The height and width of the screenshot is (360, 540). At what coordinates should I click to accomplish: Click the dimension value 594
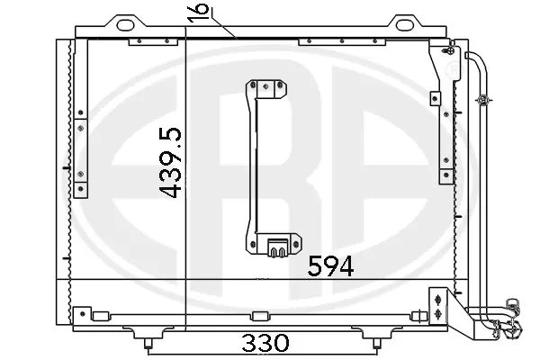330,265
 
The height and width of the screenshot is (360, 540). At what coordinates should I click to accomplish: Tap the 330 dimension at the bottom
265,343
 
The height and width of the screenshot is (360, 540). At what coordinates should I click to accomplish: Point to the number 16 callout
200,13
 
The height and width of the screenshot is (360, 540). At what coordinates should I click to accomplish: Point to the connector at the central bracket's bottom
277,244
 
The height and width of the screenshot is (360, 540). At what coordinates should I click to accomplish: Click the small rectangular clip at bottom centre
261,315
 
